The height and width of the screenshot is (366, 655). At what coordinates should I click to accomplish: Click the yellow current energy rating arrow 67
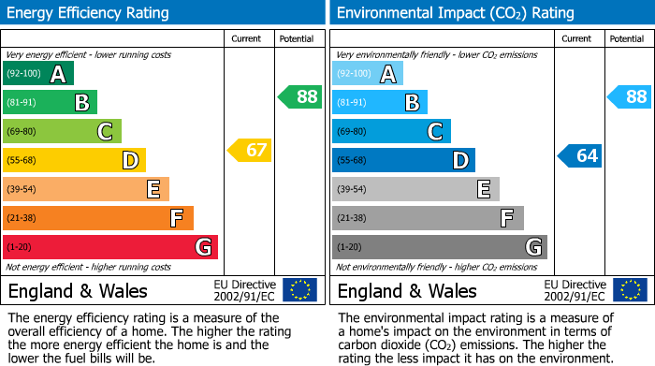point(250,150)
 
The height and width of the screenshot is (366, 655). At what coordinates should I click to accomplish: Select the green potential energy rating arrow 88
point(300,96)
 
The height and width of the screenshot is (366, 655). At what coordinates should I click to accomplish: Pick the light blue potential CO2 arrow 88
point(630,96)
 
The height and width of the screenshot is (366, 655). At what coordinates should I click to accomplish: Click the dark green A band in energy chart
point(39,74)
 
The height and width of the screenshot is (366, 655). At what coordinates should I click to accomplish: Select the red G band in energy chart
point(110,247)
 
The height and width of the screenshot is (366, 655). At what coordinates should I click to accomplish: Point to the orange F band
point(98,218)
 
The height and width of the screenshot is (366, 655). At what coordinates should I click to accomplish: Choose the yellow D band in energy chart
point(75,160)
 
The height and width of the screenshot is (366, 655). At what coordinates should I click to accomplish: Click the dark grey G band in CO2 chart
point(440,247)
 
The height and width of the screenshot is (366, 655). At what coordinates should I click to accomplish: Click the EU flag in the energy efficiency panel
point(299,290)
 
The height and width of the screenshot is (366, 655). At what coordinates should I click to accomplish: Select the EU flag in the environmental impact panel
point(630,290)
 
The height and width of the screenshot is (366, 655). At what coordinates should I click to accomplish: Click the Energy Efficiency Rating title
point(89,13)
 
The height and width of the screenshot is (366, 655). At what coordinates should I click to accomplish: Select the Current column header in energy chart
point(247,38)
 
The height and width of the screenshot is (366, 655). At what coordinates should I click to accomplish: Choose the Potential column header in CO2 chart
point(627,38)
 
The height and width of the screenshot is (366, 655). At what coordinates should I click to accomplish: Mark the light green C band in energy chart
point(63,131)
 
